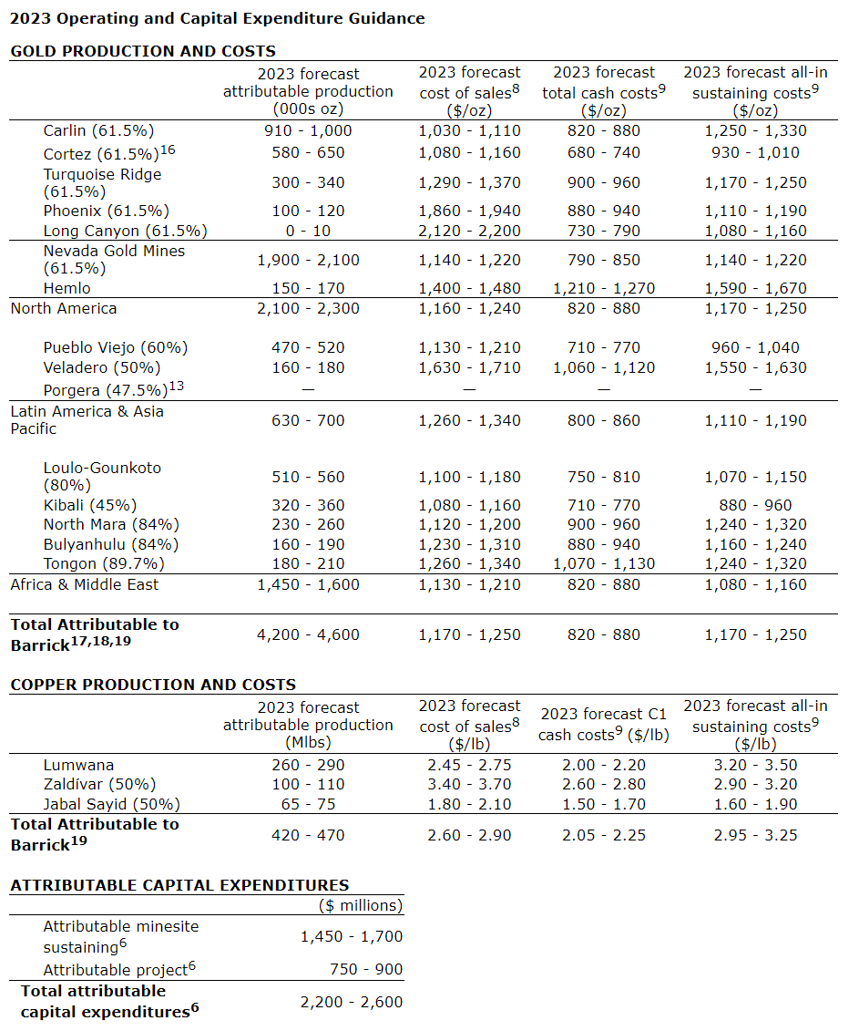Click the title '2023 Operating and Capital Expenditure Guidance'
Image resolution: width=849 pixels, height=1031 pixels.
click(217, 18)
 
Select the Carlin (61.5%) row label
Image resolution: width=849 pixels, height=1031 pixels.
click(99, 130)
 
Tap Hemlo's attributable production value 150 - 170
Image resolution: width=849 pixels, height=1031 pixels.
click(308, 288)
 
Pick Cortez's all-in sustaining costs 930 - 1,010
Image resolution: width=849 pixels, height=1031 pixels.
click(755, 152)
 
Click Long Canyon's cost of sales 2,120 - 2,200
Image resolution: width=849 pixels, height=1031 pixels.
click(470, 231)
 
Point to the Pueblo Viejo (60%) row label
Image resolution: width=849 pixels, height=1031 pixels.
click(116, 347)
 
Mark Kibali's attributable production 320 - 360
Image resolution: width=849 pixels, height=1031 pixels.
click(308, 505)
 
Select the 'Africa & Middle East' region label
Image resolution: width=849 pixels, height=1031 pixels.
click(85, 584)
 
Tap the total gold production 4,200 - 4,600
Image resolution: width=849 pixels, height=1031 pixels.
click(308, 634)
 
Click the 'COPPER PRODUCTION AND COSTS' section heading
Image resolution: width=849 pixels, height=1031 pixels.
click(153, 685)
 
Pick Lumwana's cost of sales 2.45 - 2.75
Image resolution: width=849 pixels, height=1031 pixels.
click(470, 765)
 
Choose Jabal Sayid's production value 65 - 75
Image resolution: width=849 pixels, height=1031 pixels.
click(308, 804)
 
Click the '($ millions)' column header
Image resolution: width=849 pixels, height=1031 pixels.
click(361, 905)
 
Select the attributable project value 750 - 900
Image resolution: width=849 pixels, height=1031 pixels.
click(361, 969)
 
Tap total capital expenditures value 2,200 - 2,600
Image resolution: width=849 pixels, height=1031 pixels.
click(352, 1002)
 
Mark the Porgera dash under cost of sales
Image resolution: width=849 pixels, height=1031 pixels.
click(470, 389)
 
